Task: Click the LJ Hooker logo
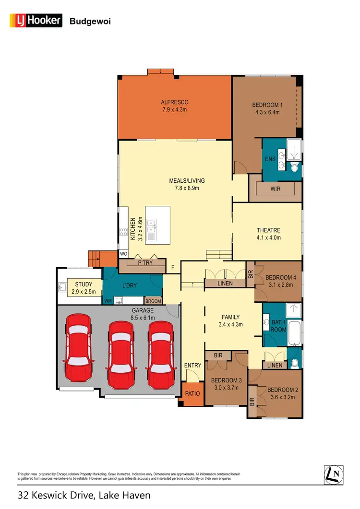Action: tap(36, 20)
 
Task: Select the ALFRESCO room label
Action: tap(174, 102)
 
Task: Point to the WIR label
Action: tap(276, 189)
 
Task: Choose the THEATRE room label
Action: tap(268, 230)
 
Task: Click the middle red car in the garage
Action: tap(120, 355)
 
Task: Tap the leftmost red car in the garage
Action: tap(78, 351)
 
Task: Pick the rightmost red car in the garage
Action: tap(161, 355)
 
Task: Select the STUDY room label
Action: tap(84, 284)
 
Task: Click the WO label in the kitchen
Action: tap(123, 253)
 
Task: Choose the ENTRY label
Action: tap(193, 366)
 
